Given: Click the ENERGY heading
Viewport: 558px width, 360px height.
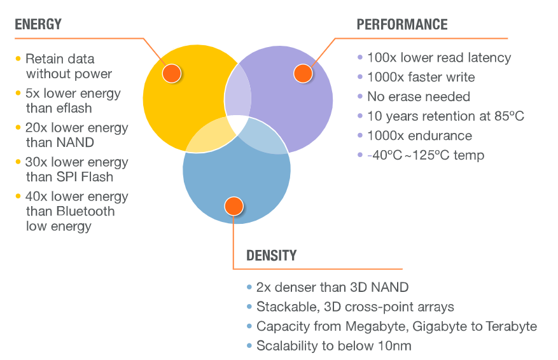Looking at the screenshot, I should click(38, 25).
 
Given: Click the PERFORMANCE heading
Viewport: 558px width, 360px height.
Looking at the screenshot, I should click(401, 25).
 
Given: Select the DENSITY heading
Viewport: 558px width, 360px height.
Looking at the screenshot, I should click(271, 256).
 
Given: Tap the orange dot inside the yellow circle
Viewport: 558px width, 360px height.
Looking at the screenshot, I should click(172, 73).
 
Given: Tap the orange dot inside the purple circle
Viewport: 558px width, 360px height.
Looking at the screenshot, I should click(303, 73).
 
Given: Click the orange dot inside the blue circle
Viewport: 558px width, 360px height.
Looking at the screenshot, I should click(234, 206).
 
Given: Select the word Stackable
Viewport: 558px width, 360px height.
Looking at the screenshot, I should click(284, 307).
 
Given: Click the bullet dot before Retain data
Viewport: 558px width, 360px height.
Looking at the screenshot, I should click(18, 59).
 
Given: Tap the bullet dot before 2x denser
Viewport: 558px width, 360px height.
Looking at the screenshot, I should click(249, 287).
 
